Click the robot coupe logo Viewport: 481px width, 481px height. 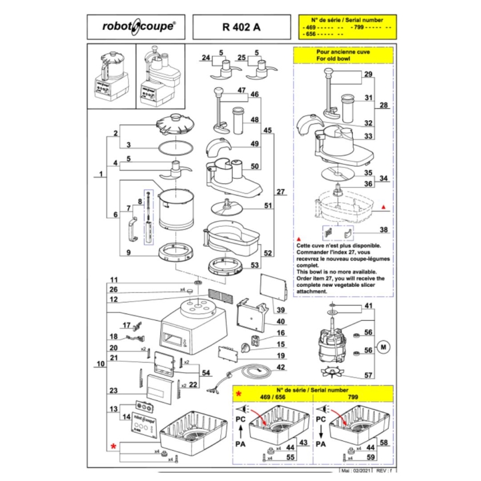(138, 26)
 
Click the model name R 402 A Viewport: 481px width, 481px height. (240, 26)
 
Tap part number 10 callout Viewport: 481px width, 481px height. (100, 364)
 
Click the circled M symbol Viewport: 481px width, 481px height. (384, 346)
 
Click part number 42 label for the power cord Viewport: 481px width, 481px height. (281, 367)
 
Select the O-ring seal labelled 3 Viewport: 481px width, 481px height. (175, 146)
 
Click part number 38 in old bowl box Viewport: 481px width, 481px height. (384, 231)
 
